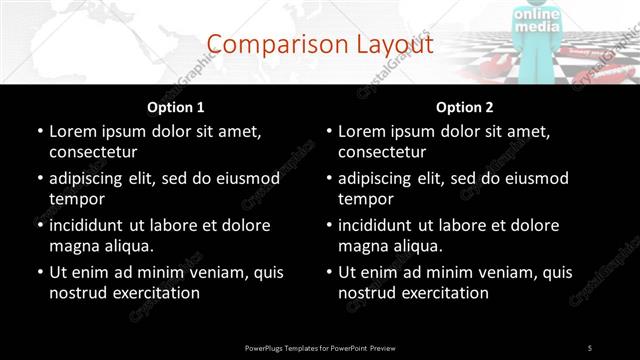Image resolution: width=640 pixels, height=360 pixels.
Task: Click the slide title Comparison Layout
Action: (320, 44)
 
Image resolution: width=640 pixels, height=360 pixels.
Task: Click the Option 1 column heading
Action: (176, 107)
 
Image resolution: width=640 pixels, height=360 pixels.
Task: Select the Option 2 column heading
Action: (464, 107)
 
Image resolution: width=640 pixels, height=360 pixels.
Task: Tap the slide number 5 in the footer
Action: (590, 347)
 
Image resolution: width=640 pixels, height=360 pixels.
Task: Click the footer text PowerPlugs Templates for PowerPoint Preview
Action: (320, 347)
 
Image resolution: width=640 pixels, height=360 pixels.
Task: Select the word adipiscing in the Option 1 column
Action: (90, 178)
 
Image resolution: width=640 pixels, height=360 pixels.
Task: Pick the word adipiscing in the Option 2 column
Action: (379, 178)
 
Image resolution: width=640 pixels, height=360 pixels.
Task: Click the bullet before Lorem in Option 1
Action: (40, 132)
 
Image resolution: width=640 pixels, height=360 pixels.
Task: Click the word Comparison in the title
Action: (269, 44)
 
